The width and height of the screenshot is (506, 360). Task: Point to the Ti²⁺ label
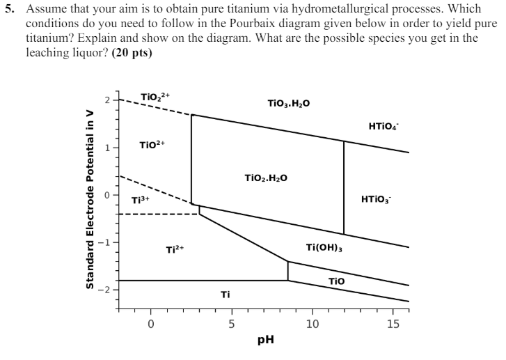coord(175,249)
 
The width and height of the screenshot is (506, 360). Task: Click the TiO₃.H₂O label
coord(289,103)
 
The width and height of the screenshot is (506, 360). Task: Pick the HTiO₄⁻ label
coord(384,126)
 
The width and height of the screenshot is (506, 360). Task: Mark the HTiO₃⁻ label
coord(377,201)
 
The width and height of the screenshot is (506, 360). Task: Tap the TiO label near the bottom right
coord(336,280)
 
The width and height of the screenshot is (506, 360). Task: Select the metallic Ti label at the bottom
coord(225,295)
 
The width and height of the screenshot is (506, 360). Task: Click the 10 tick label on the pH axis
coord(313,324)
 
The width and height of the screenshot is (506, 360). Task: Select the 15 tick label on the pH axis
coord(393,324)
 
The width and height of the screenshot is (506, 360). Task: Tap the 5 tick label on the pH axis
coord(232,324)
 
